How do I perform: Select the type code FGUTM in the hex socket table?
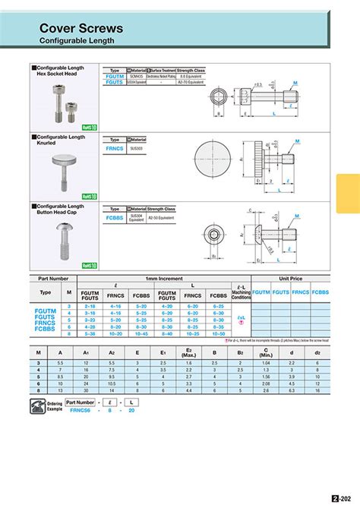click(115, 76)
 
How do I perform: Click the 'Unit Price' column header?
click(291, 279)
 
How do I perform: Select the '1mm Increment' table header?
click(164, 279)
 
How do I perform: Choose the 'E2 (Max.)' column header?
click(188, 352)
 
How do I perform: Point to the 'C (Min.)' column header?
click(265, 352)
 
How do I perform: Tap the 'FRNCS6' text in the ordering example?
click(80, 409)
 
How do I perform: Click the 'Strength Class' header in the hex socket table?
click(191, 70)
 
